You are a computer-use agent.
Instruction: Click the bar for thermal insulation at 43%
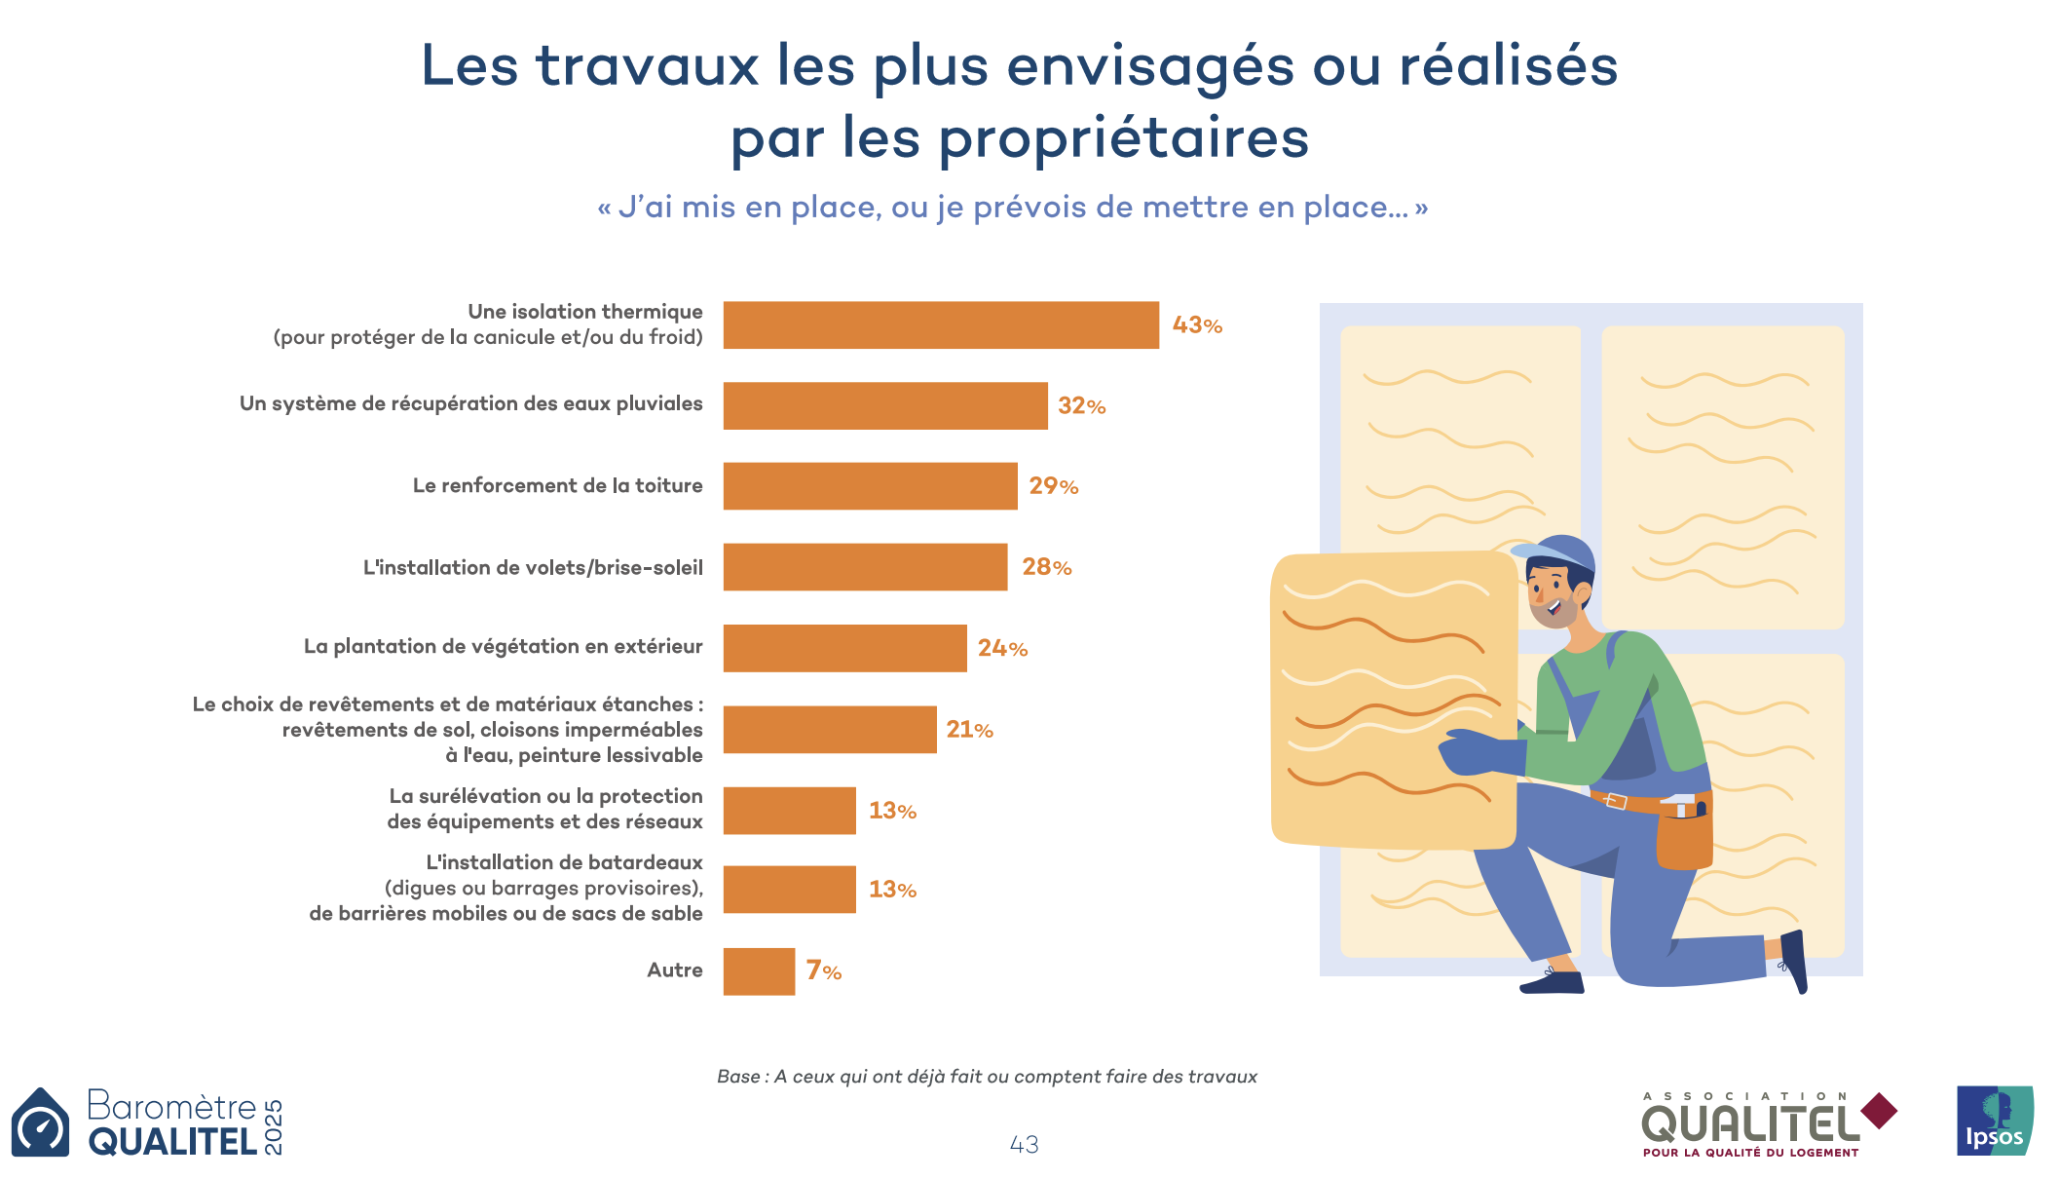click(941, 325)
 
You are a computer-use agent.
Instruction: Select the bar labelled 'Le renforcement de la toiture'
click(870, 486)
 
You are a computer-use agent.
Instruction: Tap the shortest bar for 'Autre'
click(759, 971)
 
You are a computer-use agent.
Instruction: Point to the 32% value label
click(1081, 406)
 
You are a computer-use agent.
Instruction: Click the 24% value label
click(1002, 649)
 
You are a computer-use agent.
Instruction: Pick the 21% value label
click(969, 730)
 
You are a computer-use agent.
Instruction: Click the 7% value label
click(823, 971)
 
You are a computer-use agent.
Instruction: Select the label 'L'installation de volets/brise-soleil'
click(533, 568)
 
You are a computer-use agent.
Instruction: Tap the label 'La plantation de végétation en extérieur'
click(503, 647)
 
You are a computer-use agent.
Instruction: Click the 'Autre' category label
click(674, 970)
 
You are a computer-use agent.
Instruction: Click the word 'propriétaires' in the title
click(1124, 138)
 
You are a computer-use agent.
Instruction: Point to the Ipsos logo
click(1995, 1121)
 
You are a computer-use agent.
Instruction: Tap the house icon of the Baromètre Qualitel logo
click(40, 1123)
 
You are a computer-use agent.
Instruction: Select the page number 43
click(1024, 1145)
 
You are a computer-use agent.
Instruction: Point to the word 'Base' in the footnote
click(738, 1077)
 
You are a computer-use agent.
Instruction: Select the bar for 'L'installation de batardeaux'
click(789, 890)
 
